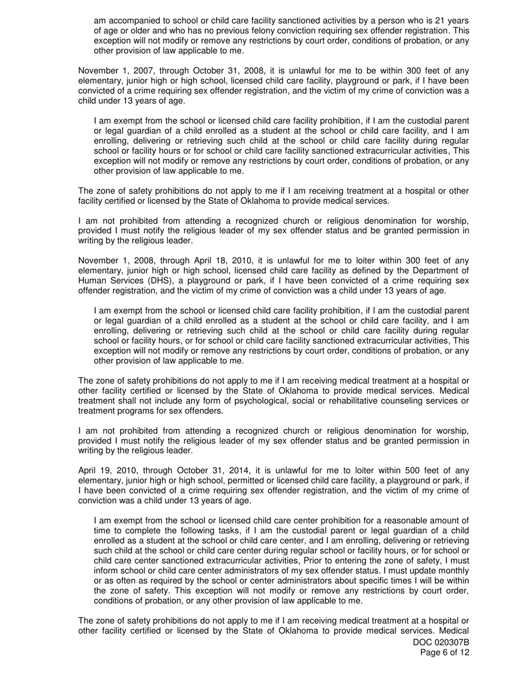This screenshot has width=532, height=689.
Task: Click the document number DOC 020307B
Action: pos(441,643)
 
